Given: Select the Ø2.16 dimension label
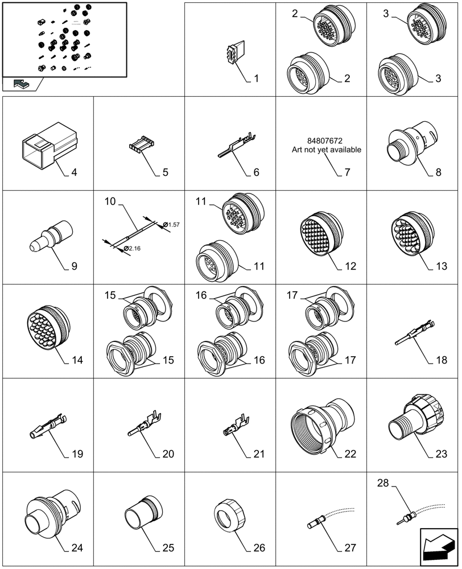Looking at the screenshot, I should pyautogui.click(x=133, y=249).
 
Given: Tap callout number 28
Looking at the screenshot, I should pyautogui.click(x=384, y=483).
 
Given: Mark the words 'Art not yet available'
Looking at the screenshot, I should pyautogui.click(x=326, y=150).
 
